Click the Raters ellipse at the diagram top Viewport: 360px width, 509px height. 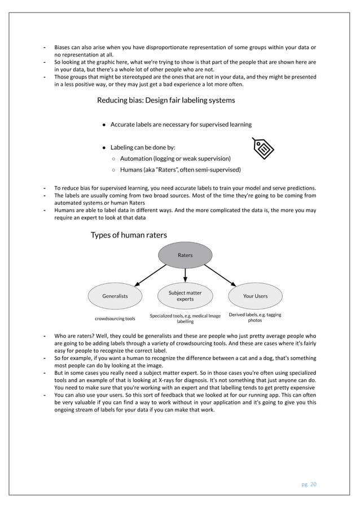[185, 255]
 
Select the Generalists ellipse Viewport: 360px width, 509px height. [115, 296]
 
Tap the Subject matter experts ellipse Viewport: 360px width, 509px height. [185, 296]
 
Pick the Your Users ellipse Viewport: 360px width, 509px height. [255, 296]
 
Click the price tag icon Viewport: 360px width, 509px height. [262, 148]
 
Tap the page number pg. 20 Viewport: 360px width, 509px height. [308, 484]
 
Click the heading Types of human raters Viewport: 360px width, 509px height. [129, 235]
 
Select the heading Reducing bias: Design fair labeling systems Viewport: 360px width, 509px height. [166, 100]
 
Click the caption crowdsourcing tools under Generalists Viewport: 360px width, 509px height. [115, 318]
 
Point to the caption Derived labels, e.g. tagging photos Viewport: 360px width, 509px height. [255, 318]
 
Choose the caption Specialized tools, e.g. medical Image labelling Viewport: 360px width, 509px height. [185, 318]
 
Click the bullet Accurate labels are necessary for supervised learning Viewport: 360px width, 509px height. [181, 124]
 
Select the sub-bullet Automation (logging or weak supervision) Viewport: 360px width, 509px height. [175, 159]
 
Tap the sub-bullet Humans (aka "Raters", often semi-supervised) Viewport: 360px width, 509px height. [180, 169]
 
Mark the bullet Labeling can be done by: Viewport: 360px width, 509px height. [142, 147]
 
